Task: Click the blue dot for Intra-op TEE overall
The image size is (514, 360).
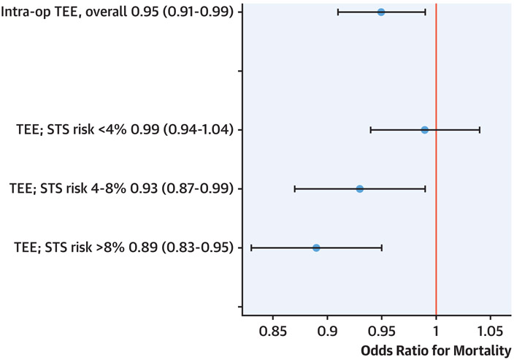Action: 381,12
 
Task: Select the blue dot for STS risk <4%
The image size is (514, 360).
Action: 425,130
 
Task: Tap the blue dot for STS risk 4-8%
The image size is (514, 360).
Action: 360,188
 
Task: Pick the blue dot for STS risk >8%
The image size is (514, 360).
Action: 316,248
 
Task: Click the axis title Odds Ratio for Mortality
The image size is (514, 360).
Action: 436,350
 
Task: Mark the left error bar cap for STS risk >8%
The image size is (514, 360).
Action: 251,248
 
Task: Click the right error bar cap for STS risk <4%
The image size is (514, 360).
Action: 480,130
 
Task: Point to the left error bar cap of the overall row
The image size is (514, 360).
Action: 338,12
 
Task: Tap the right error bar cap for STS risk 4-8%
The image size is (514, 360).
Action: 426,188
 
